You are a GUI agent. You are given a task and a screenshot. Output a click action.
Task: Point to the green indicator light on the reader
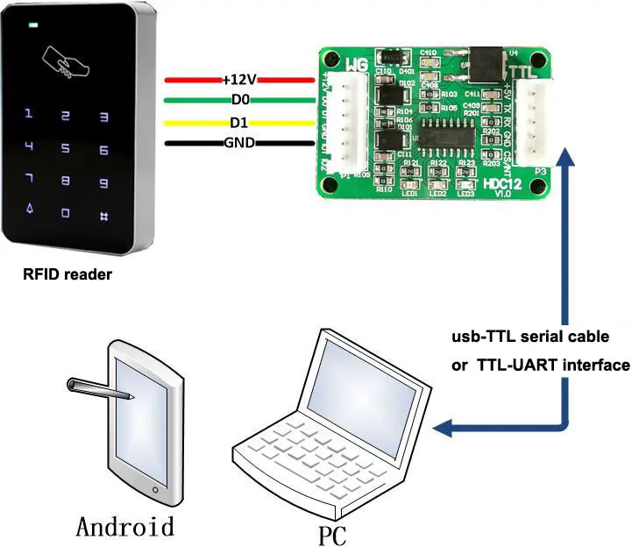coord(34,25)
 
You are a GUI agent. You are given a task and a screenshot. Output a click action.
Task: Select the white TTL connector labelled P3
coord(534,122)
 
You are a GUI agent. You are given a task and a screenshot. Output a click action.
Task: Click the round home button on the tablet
coord(156,489)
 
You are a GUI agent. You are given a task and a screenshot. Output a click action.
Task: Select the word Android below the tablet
coord(125,526)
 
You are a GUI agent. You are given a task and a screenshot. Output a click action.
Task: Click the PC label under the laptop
coord(332,535)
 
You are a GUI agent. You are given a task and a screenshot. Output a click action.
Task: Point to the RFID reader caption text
coord(67,275)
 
